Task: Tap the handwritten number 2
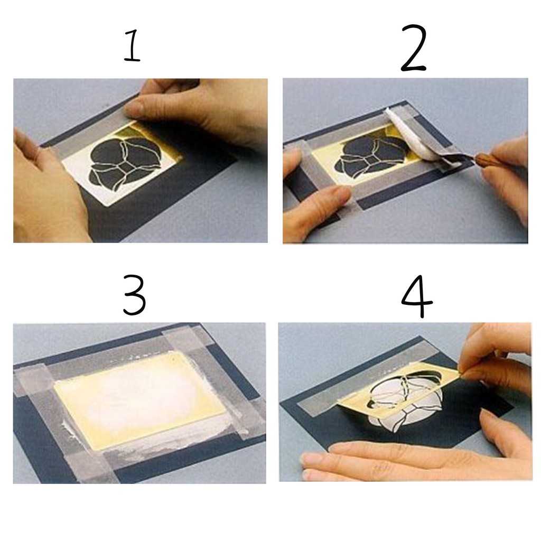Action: (414, 48)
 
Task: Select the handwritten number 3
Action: (135, 294)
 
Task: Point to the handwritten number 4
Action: (417, 296)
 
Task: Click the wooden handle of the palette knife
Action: (485, 160)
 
